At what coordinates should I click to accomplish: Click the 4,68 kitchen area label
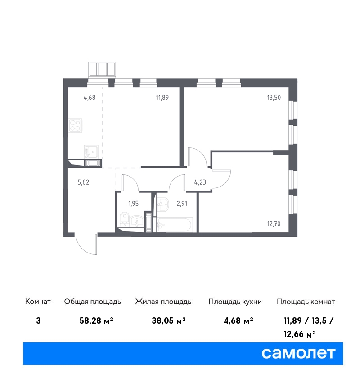click(90, 98)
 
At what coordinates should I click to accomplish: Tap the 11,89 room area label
click(162, 98)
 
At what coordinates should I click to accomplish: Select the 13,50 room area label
click(274, 98)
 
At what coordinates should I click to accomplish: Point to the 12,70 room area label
click(274, 224)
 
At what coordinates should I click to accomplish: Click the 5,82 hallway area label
click(83, 182)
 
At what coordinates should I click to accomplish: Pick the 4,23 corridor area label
click(200, 182)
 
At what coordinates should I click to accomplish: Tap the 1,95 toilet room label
click(133, 204)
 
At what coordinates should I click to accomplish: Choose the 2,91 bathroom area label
click(182, 204)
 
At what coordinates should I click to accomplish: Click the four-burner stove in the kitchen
click(75, 125)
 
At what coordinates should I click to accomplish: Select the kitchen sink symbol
click(91, 151)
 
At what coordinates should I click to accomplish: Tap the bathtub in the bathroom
click(175, 224)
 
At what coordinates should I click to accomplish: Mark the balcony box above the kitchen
click(102, 69)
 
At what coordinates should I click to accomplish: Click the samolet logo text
click(298, 353)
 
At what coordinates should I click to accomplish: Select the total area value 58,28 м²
click(96, 320)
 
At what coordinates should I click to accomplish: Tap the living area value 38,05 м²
click(169, 320)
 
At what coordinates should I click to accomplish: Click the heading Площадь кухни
click(235, 302)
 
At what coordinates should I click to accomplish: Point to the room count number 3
click(38, 320)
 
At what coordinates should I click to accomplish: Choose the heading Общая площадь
click(92, 302)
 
